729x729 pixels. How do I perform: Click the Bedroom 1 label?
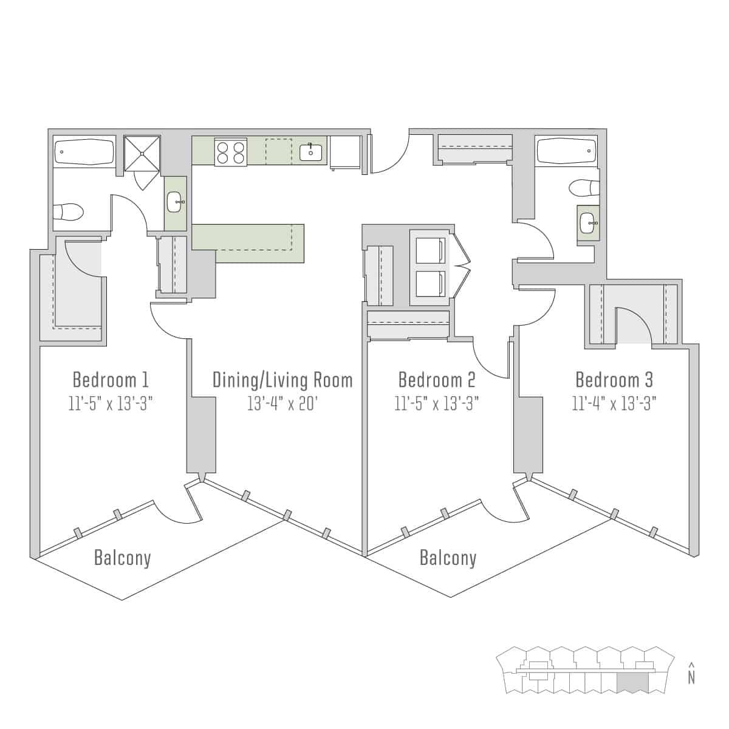(111, 380)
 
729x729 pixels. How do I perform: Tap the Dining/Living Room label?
(282, 380)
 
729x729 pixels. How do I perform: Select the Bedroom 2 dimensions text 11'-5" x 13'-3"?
(437, 403)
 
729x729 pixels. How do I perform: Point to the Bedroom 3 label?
(614, 380)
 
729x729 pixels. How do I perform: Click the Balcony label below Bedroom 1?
(123, 557)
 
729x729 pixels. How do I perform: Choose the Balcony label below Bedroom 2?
(448, 557)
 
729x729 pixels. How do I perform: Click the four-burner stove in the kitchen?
(231, 152)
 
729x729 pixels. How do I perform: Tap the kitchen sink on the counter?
(310, 152)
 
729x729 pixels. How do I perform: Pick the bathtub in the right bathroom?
(566, 151)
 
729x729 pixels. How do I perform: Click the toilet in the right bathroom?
(583, 189)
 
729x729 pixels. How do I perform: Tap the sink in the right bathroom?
(588, 223)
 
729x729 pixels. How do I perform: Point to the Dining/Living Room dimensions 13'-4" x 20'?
(282, 403)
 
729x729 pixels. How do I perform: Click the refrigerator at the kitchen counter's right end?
(346, 151)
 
